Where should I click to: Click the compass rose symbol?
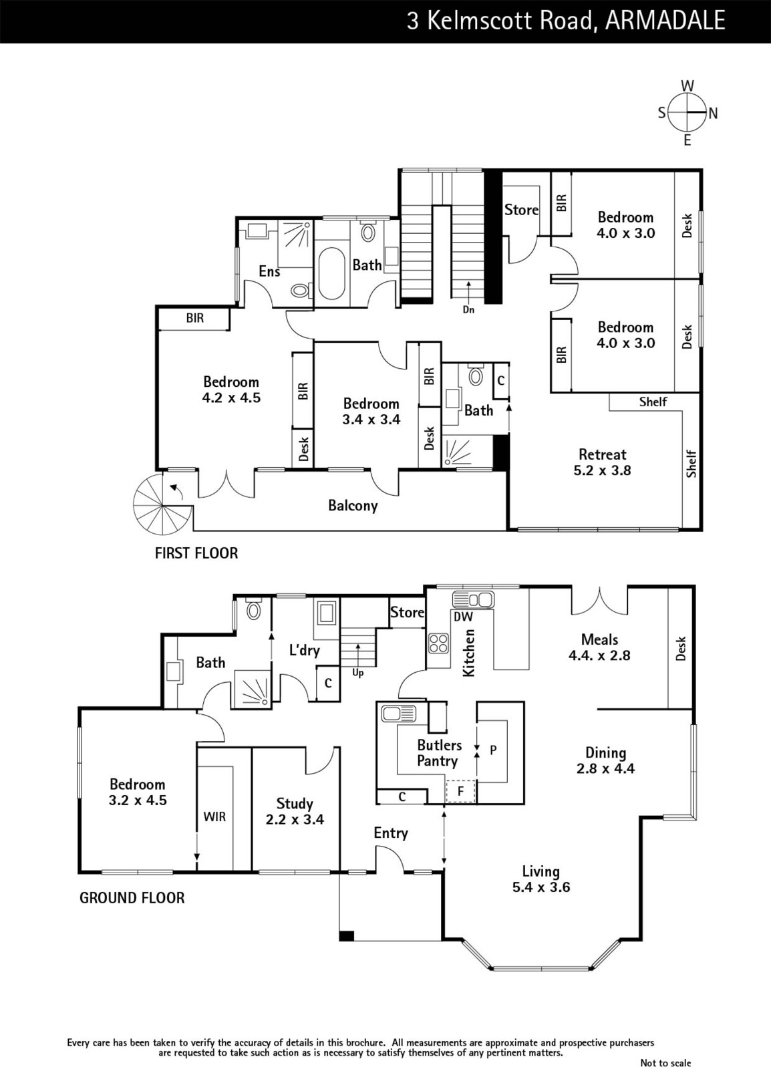pos(687,113)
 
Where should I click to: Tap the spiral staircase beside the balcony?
pos(156,502)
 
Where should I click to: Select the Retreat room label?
pos(602,454)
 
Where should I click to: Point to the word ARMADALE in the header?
pos(665,21)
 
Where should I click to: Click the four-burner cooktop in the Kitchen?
pos(438,642)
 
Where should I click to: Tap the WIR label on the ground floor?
pos(214,816)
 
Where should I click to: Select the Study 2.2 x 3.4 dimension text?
pos(295,819)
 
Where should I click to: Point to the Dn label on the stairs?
pos(468,310)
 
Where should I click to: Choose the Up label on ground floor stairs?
pos(358,673)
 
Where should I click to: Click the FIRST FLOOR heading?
pos(196,553)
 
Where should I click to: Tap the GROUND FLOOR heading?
pos(132,898)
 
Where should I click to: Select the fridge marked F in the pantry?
pos(460,791)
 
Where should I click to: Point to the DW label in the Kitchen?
pos(463,617)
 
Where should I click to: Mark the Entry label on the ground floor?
pos(391,833)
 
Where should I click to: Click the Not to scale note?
pos(665,1062)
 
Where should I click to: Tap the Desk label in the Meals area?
pos(681,648)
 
